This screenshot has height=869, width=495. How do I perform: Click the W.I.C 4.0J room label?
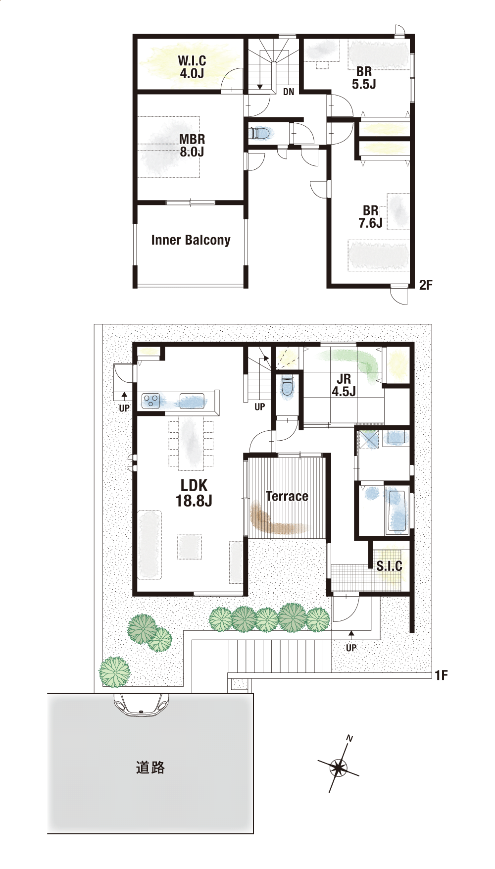(192, 67)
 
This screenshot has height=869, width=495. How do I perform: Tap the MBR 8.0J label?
(192, 146)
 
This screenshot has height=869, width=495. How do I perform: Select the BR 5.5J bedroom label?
(364, 78)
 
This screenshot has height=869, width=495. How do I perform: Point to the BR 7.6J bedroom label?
(370, 217)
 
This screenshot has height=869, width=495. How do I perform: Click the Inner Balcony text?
(191, 240)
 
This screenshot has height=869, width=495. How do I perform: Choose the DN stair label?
(289, 92)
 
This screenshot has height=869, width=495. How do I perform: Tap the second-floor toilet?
(260, 133)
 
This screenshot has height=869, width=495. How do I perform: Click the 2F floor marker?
(426, 285)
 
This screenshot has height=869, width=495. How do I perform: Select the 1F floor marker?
(441, 675)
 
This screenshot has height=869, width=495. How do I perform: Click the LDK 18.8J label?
(194, 493)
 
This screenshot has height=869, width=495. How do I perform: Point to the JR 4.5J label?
(344, 385)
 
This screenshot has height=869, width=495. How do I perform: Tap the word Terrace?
(287, 496)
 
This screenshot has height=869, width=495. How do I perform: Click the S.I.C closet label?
(389, 566)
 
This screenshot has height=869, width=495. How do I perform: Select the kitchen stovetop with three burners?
(151, 401)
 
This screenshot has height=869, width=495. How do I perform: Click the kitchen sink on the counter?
(192, 401)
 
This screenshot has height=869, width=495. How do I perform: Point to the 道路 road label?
(150, 768)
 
